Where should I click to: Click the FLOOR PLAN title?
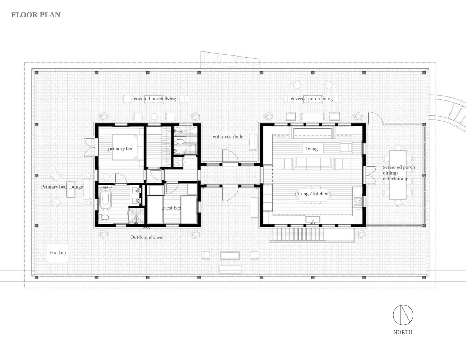click(x=36, y=15)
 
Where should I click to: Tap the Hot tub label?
click(x=58, y=252)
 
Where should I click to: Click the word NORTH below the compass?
click(x=403, y=332)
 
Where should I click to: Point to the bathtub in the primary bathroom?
click(x=106, y=198)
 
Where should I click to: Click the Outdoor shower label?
click(x=147, y=237)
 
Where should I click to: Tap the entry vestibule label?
click(x=228, y=136)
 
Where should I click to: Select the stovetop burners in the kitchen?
click(x=358, y=202)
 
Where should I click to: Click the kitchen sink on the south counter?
click(x=313, y=220)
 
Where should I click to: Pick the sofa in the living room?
click(x=313, y=164)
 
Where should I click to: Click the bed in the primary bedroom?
click(x=128, y=147)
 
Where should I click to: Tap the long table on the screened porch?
click(x=398, y=175)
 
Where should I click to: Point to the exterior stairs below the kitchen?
click(x=298, y=234)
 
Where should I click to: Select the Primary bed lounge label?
click(x=62, y=187)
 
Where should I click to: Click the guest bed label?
click(x=171, y=208)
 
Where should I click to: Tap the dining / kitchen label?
click(x=312, y=194)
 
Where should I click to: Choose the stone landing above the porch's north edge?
click(x=230, y=60)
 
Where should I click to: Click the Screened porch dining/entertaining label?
click(x=399, y=173)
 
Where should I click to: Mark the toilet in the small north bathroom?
click(x=179, y=141)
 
